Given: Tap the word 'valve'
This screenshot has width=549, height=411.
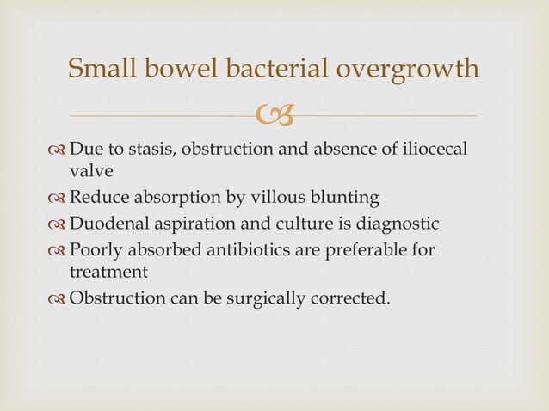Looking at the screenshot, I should pos(90,171).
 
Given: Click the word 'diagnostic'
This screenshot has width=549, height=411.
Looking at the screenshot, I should pos(398,224).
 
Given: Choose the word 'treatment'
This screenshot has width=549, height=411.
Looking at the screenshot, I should pos(108,272).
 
